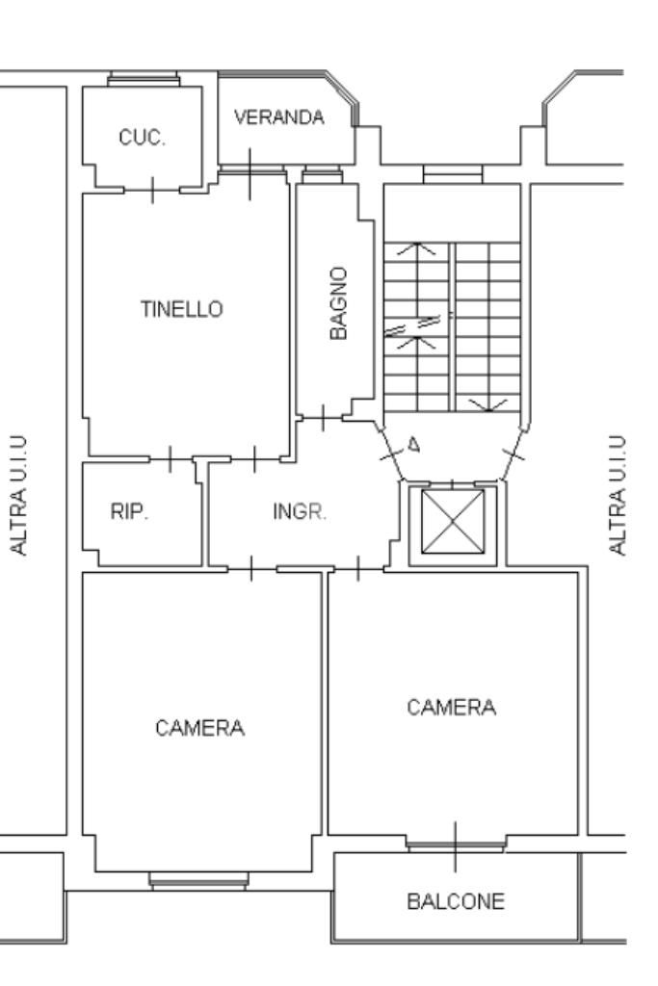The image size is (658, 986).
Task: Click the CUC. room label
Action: tap(143, 138)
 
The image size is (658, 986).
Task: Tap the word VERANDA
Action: tap(279, 117)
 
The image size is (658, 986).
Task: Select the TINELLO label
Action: tap(182, 309)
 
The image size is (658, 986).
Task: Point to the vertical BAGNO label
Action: tap(338, 303)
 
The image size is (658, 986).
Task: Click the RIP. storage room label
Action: tap(130, 512)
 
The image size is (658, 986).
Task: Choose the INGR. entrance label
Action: tap(300, 512)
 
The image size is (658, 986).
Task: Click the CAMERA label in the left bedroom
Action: tap(200, 728)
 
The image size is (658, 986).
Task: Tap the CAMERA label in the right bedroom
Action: tap(452, 708)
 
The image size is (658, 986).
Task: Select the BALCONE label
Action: tap(456, 901)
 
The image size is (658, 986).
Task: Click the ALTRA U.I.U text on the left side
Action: tap(19, 495)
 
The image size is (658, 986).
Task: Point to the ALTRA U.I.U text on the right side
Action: tap(618, 495)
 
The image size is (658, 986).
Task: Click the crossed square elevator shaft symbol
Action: tap(453, 522)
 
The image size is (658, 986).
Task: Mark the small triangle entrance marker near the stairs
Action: tap(414, 445)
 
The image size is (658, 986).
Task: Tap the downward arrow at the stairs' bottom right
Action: tap(488, 405)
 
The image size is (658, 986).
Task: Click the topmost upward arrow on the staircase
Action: tap(416, 249)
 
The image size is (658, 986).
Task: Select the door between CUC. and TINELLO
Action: tap(152, 190)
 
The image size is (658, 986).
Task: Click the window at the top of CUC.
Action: tap(144, 79)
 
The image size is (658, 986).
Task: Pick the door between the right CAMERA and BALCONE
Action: tap(456, 845)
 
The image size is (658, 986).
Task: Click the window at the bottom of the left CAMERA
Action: tap(198, 881)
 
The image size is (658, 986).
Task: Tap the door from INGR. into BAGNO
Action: tap(324, 418)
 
